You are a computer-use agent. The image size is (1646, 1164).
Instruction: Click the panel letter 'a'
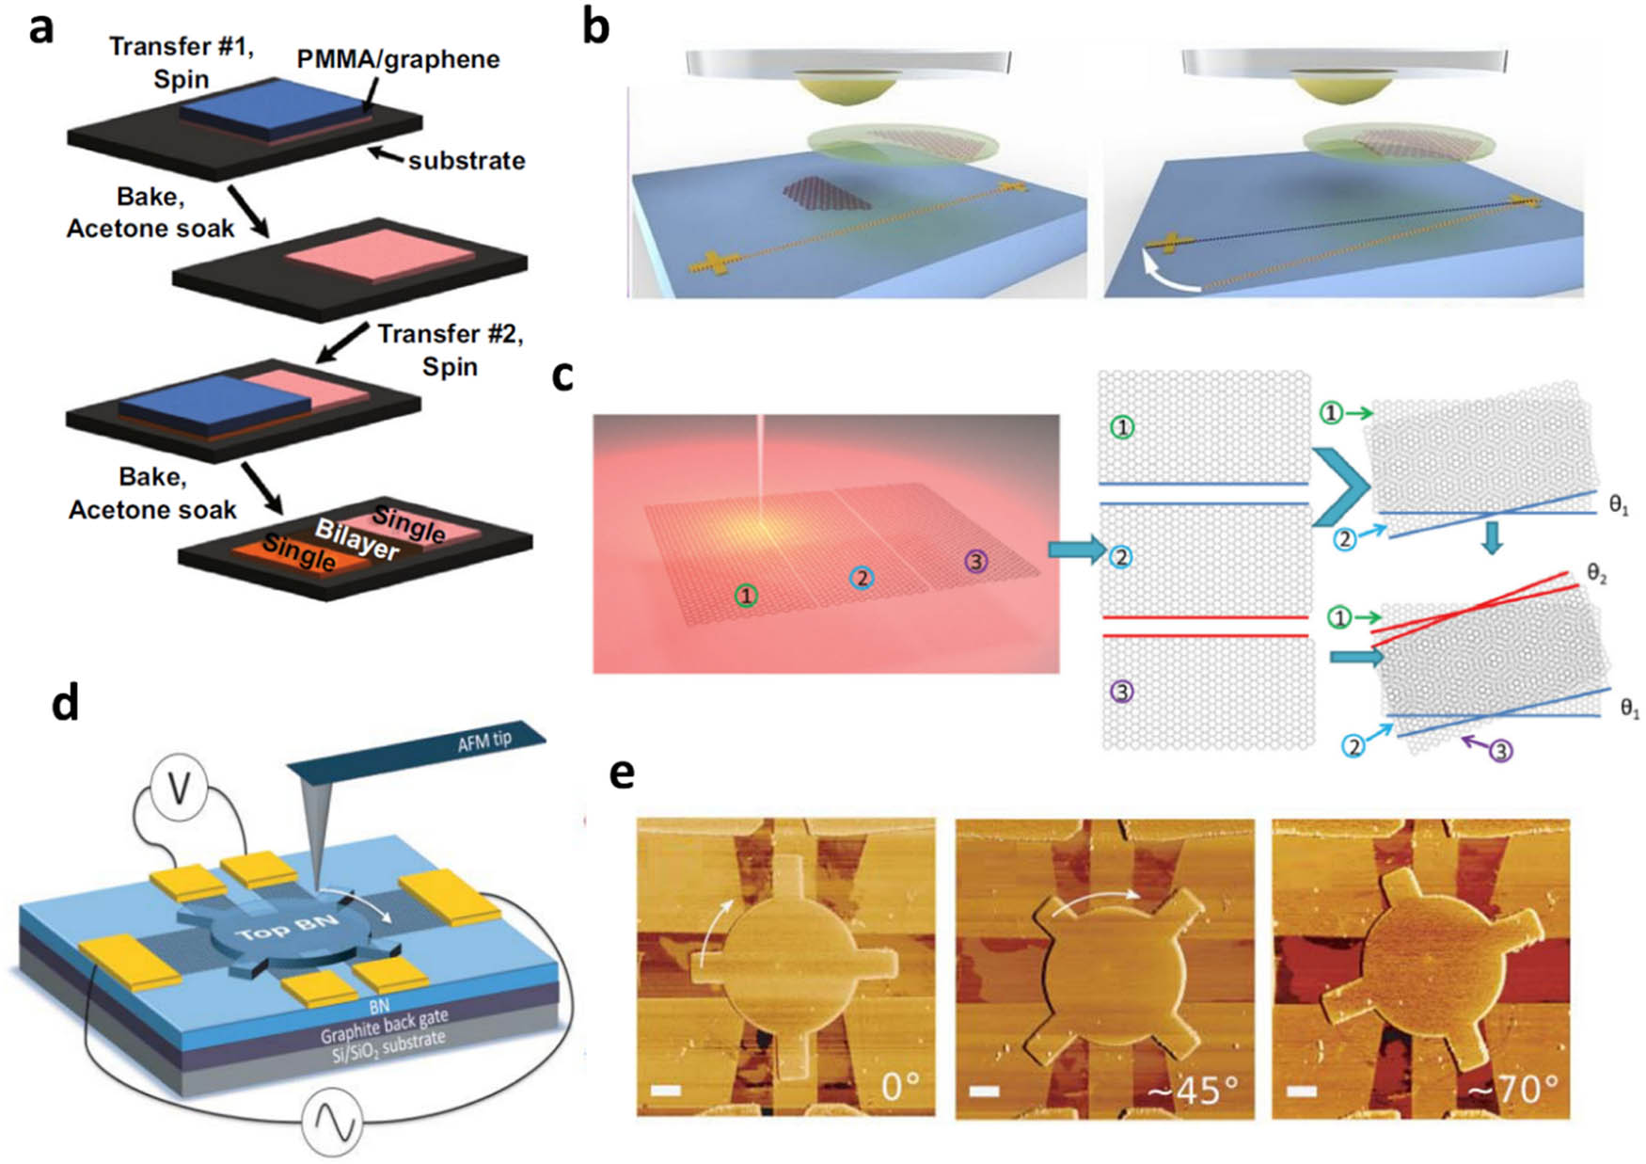coord(40,29)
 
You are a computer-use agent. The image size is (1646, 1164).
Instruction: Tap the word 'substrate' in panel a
coord(466,161)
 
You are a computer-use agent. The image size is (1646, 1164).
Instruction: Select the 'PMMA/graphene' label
coord(398,59)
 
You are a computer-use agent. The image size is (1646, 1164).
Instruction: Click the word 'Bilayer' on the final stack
coord(356,539)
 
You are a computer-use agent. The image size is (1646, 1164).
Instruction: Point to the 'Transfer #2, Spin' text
coord(450,349)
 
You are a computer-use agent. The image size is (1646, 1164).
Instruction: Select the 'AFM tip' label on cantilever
coord(484,741)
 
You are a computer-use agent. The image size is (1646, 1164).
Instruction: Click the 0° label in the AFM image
coord(900,1087)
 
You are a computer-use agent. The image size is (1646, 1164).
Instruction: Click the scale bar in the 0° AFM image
coord(665,1091)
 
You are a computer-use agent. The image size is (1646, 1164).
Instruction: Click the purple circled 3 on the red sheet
coord(976,562)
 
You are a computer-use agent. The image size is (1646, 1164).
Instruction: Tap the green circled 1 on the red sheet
coord(746,595)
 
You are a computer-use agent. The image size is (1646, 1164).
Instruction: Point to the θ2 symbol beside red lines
coord(1596,572)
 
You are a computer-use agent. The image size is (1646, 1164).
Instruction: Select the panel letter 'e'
coord(622,773)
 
